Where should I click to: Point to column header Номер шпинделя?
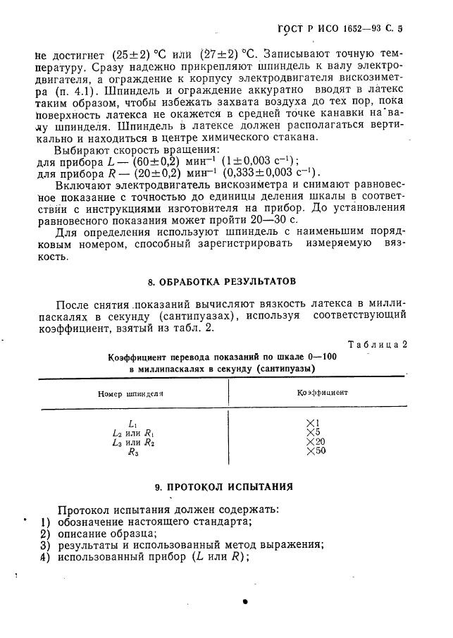(x=130, y=393)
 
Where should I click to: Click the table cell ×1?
(x=314, y=423)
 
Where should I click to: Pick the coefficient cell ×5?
(x=314, y=432)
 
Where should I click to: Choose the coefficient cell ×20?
(x=316, y=442)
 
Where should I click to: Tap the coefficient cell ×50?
(x=316, y=451)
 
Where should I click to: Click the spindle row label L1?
(x=132, y=424)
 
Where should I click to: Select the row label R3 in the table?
(x=132, y=453)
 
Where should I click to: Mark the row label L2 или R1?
(x=132, y=433)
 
